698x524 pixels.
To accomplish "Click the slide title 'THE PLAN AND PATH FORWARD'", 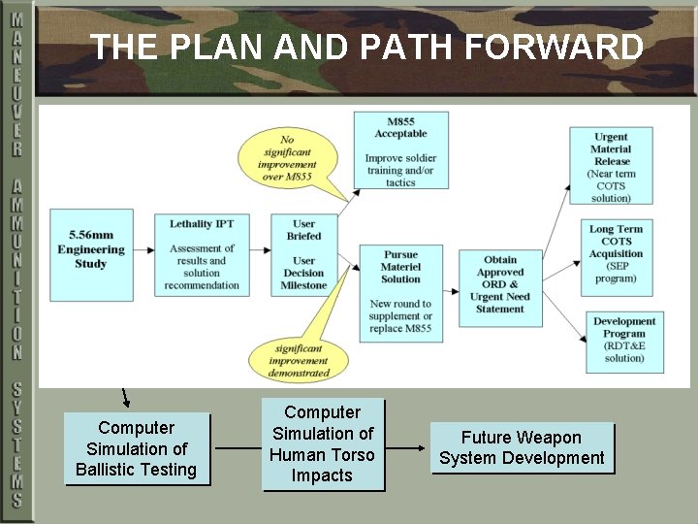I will (366, 47).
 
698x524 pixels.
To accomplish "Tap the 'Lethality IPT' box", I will (202, 253).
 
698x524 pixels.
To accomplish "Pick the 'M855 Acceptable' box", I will (400, 151).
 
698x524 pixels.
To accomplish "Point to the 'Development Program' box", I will (624, 341).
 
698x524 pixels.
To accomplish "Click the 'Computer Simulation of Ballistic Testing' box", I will (137, 449).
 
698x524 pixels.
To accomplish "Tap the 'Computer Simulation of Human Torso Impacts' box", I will (323, 444).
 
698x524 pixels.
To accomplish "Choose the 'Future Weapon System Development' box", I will (522, 447).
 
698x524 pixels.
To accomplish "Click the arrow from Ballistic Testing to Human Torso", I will (237, 448).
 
